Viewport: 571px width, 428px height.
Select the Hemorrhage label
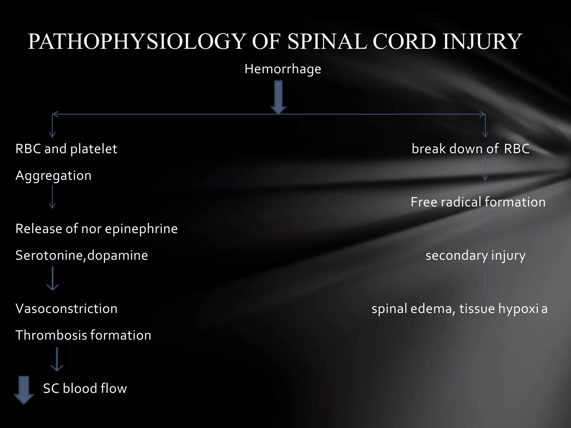tap(283, 69)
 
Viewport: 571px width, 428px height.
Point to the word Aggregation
tap(54, 176)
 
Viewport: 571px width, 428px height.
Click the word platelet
tap(94, 149)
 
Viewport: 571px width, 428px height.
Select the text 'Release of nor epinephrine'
tap(96, 229)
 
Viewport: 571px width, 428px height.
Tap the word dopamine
tap(118, 256)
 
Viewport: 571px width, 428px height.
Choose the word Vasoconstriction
tap(66, 309)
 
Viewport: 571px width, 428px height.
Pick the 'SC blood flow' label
tap(85, 388)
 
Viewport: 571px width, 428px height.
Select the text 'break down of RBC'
tap(470, 149)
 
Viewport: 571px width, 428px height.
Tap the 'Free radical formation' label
tap(478, 202)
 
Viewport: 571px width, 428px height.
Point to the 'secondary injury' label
tap(475, 256)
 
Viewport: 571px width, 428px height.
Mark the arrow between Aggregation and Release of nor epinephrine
tap(52, 197)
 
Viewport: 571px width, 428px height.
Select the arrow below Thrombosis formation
tap(57, 359)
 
